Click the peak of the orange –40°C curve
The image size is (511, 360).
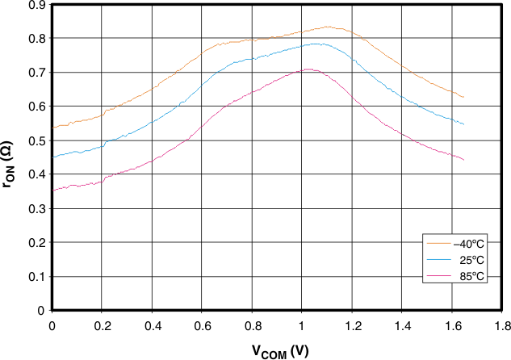[327, 27]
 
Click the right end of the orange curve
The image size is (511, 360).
[464, 97]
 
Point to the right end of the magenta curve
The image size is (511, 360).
[464, 160]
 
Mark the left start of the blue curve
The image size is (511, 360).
[52, 157]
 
